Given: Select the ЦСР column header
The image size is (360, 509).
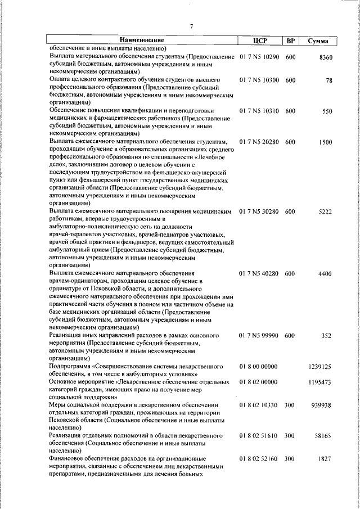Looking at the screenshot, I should (259, 40).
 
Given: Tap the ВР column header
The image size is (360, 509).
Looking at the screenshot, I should (290, 40).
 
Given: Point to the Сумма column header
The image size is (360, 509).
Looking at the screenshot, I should (318, 41).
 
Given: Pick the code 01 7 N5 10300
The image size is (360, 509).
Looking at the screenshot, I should (259, 80).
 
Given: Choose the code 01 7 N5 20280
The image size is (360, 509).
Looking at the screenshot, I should (259, 142).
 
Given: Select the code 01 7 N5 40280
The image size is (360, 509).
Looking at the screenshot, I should (259, 273).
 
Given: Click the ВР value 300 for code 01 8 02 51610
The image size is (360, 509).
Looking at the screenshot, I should (290, 436).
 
